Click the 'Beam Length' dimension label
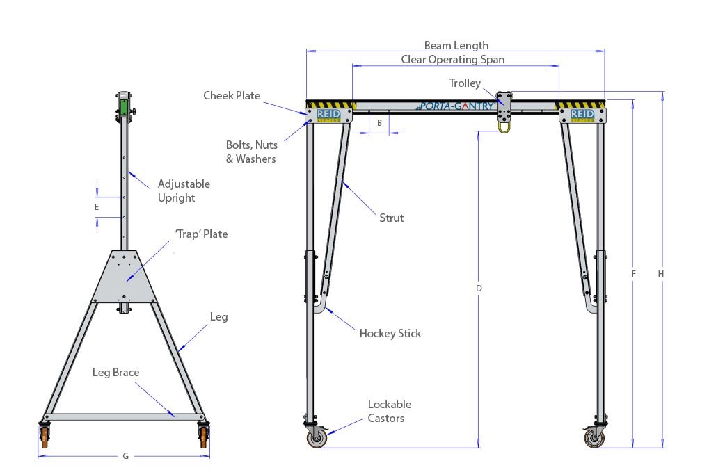456,46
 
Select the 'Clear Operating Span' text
452,60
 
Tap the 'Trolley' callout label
464,83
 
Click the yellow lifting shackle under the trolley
504,125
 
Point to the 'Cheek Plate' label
232,95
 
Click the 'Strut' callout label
391,218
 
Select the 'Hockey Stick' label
390,333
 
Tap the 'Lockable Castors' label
390,411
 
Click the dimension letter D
479,288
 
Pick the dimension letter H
661,274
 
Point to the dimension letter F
633,274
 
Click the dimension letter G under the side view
125,456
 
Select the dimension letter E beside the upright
97,206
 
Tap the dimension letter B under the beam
379,123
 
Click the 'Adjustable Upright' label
184,191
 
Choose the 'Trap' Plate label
200,234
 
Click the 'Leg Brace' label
115,372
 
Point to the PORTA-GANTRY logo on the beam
456,106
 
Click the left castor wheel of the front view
317,438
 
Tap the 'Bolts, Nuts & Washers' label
251,152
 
